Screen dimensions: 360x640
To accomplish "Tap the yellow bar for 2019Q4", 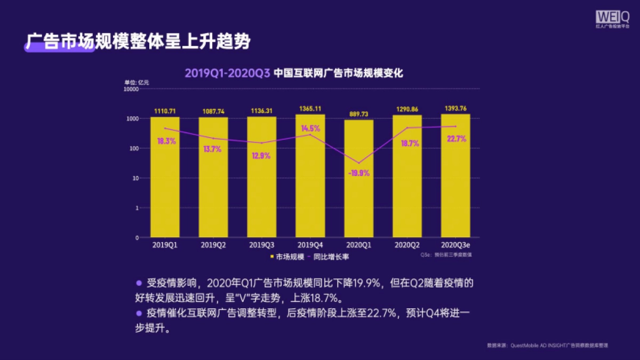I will (310, 176).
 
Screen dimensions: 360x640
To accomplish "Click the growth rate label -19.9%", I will (358, 173).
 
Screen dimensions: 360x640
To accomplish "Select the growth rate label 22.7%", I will (455, 139).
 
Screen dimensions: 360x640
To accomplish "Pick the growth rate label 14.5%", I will (310, 129).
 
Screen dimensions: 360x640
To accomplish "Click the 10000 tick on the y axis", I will (131, 89).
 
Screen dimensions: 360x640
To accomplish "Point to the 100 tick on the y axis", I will (133, 148).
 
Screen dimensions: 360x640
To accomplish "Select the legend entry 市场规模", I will (287, 257).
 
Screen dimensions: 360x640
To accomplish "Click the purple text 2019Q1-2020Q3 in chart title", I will (227, 74).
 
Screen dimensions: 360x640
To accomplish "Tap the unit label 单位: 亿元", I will (137, 82).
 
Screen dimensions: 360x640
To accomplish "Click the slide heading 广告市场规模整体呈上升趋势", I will (138, 42).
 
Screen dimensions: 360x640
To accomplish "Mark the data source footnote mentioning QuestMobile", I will (547, 346).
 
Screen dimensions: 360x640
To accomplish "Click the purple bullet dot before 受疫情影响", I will (139, 283).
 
